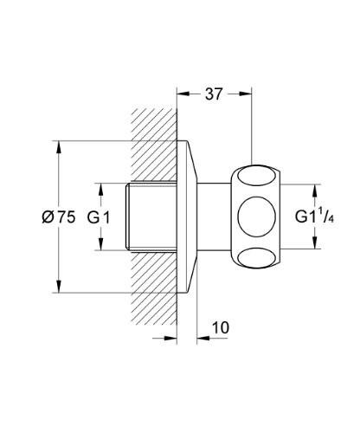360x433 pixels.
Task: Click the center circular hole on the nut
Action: (x=256, y=216)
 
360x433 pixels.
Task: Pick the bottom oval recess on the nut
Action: (x=256, y=259)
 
